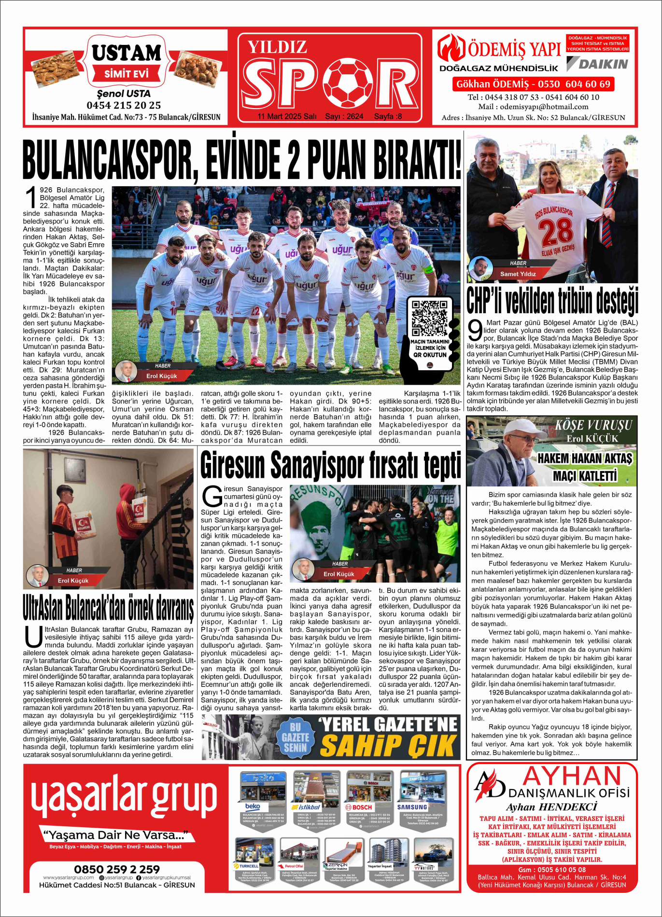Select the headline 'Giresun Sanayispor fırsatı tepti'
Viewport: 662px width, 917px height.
[x=331, y=465]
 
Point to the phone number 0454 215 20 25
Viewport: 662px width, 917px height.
[x=124, y=105]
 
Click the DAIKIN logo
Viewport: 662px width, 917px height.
[x=598, y=64]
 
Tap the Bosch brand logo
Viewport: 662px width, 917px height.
[x=358, y=806]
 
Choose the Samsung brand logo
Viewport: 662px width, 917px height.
[x=412, y=806]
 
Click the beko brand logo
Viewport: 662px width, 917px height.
[x=253, y=806]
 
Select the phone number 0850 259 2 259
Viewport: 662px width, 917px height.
[x=117, y=869]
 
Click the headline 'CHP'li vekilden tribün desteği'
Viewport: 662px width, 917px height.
[x=552, y=300]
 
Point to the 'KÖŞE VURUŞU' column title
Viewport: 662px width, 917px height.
[x=593, y=425]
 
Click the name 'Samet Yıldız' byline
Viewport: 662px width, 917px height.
[x=518, y=274]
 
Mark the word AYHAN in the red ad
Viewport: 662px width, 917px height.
[x=572, y=777]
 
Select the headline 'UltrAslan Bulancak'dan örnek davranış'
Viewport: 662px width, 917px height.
[x=108, y=608]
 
